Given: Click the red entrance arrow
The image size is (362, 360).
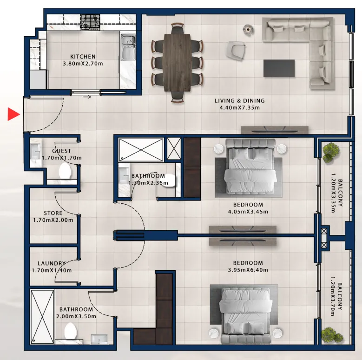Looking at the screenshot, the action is (13, 114).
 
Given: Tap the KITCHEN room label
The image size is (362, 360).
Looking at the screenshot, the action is (83, 57).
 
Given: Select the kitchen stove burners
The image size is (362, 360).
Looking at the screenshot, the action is (90, 22).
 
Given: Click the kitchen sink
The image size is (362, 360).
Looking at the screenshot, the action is (127, 47).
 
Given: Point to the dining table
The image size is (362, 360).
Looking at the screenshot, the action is (178, 62).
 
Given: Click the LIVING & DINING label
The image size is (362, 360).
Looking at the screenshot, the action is (240, 101).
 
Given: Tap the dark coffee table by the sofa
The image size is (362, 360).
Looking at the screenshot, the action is (279, 68).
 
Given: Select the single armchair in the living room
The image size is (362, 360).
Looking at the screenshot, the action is (236, 51).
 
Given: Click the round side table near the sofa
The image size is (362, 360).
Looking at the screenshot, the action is (249, 30).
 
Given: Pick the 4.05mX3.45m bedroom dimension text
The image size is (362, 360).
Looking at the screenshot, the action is (248, 212).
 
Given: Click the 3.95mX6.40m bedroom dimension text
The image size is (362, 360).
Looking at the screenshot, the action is (248, 270).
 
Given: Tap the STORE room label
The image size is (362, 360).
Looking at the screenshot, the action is (53, 213).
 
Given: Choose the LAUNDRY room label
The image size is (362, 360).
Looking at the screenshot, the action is (52, 263).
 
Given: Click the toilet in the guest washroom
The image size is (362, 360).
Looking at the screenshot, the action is (65, 171).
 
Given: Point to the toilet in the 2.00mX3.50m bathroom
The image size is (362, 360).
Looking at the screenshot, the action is (71, 331).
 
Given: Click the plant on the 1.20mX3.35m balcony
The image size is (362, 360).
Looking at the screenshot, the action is (331, 152).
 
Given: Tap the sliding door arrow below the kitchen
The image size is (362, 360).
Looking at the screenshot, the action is (87, 97).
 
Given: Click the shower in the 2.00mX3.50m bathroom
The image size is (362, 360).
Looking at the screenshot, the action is (42, 317).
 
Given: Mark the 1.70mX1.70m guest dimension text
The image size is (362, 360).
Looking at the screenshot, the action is (62, 158).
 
